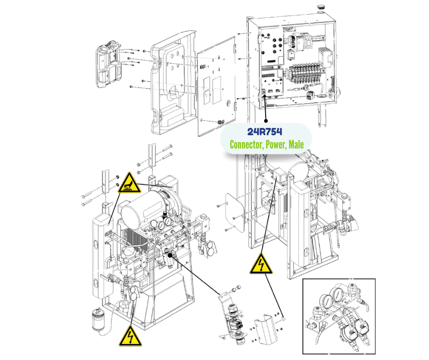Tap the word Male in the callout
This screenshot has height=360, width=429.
click(295, 145)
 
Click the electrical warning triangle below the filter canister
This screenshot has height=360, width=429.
click(129, 336)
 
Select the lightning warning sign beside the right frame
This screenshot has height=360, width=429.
click(261, 264)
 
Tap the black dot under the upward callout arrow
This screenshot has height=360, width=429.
click(266, 121)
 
